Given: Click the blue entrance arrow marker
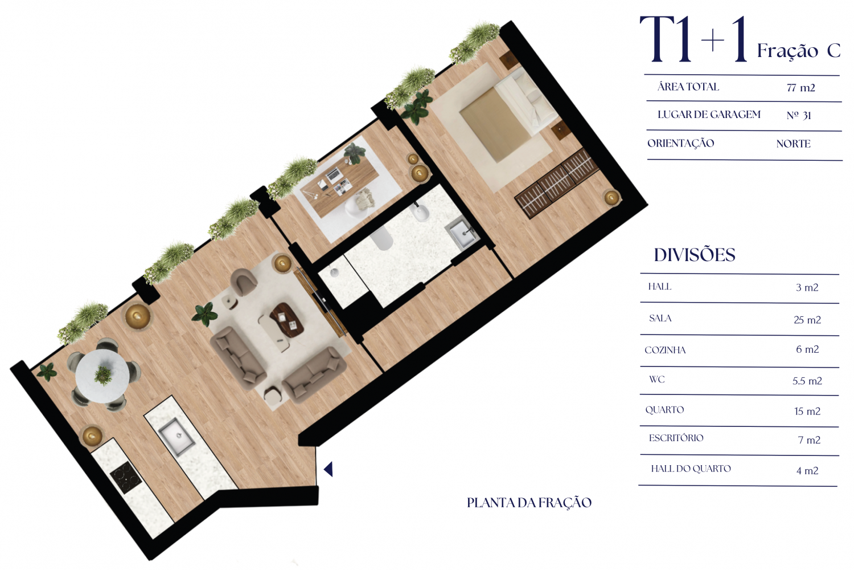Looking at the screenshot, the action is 329,469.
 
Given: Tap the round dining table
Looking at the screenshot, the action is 102,376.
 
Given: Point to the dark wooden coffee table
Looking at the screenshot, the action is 287,320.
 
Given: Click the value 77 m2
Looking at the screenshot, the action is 800,88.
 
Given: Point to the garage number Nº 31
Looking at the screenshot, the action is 799,115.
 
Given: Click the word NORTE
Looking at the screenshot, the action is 794,144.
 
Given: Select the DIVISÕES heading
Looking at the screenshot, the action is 695,255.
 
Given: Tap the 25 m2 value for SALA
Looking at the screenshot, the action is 807,320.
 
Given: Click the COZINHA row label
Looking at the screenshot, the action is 665,350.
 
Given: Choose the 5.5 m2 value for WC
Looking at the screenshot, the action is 807,381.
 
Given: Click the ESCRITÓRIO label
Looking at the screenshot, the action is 676,438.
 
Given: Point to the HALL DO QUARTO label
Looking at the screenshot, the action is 691,469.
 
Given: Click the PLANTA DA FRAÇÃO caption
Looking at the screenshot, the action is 529,503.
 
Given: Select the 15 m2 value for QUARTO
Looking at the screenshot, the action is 807,411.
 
